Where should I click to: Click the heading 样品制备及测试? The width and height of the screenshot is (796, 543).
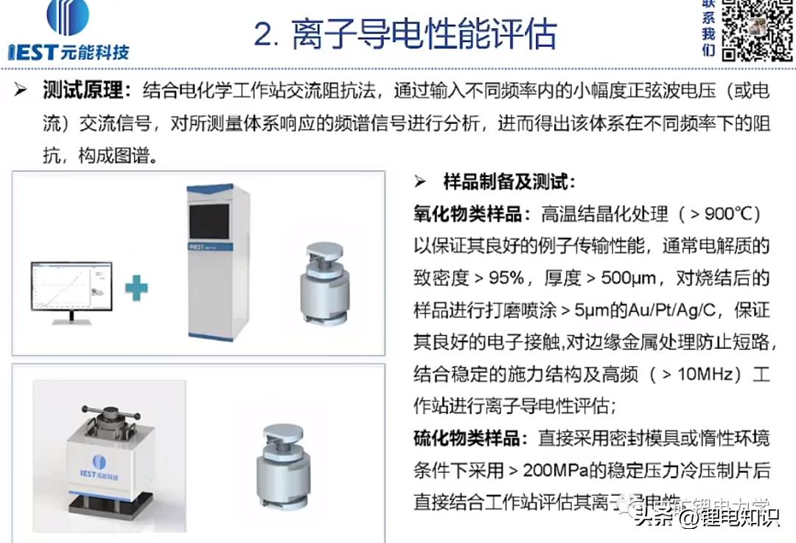pyautogui.click(x=509, y=182)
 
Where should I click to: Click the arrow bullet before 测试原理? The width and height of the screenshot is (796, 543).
pyautogui.click(x=21, y=91)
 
